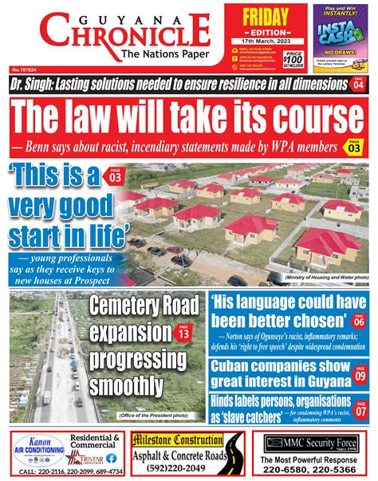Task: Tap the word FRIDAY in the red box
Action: (260, 17)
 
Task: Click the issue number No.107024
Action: (25, 72)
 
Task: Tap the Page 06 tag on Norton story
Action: (360, 321)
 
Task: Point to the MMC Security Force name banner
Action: (313, 442)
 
